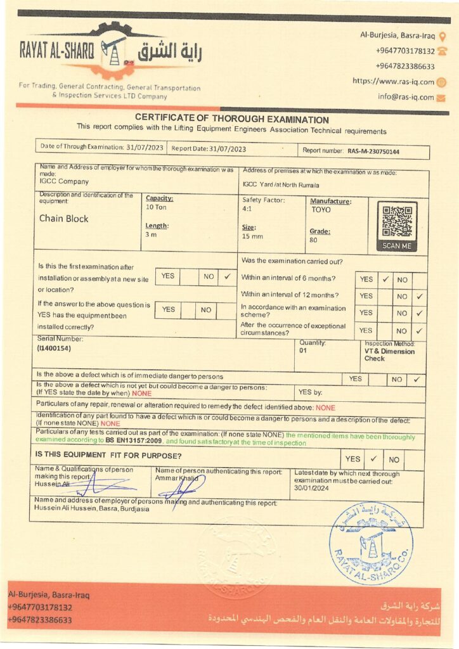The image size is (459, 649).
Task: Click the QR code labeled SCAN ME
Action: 397,222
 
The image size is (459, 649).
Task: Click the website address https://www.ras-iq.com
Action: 393,82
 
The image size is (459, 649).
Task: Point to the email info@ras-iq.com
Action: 406,97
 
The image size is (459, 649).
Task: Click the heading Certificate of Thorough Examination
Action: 232,120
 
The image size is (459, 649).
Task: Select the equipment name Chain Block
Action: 64,219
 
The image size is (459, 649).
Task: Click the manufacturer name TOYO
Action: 320,209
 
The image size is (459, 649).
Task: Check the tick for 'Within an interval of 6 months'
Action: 385,279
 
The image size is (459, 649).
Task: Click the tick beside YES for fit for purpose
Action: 373,458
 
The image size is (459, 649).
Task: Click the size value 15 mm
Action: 252,236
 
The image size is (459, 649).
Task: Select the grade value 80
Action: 314,240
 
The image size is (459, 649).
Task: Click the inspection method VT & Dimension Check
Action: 389,355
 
